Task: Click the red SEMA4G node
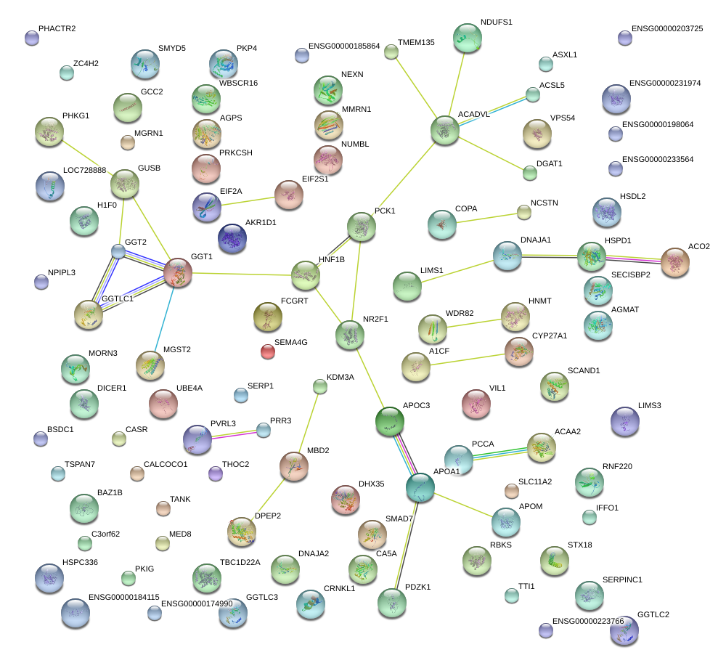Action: [x=268, y=352]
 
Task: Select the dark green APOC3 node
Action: [x=390, y=420]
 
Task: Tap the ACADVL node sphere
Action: [x=444, y=130]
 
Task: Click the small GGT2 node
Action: [x=118, y=251]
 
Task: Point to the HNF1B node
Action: [x=306, y=275]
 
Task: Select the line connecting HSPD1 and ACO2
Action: [x=633, y=259]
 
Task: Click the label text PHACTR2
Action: [x=57, y=28]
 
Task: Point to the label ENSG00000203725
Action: [x=667, y=28]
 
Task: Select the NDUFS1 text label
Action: [x=497, y=23]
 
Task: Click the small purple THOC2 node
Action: [x=215, y=473]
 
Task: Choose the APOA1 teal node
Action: [x=420, y=487]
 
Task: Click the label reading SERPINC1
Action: [x=622, y=579]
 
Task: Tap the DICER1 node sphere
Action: [x=84, y=403]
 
